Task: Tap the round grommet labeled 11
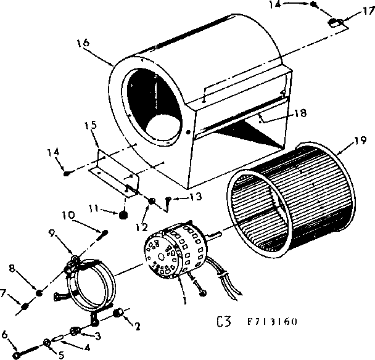tap(123, 216)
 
